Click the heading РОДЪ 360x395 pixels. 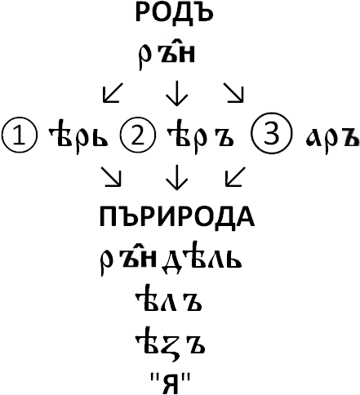(x=174, y=12)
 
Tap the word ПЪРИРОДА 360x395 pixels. (x=177, y=217)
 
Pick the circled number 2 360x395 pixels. (x=138, y=135)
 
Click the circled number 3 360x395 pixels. (x=270, y=133)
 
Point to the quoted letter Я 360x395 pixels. (x=171, y=383)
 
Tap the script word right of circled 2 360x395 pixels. (x=201, y=138)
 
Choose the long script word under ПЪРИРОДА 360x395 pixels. (x=170, y=259)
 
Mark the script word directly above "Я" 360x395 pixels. (x=170, y=344)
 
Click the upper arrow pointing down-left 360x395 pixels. (x=113, y=93)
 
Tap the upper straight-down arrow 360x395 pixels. (x=177, y=93)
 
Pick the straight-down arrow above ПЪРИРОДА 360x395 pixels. (x=177, y=177)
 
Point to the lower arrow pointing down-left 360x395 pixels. (x=235, y=177)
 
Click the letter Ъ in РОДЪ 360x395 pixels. (x=202, y=13)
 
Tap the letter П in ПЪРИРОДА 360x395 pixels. (x=108, y=217)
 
